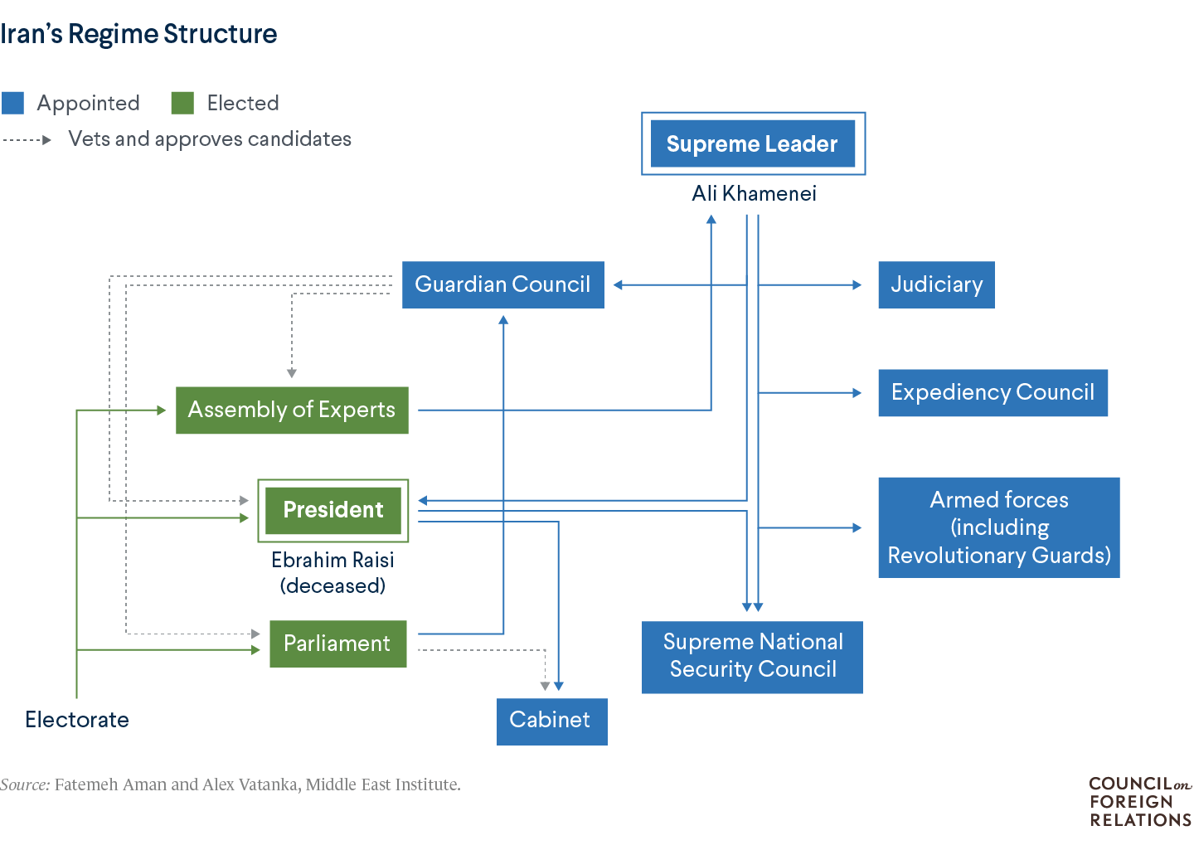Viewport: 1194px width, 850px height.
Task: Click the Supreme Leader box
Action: (x=752, y=143)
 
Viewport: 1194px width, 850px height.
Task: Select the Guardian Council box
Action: (x=502, y=284)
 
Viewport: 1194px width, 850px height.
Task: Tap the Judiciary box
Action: (x=936, y=284)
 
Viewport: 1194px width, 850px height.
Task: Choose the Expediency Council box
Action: (x=993, y=392)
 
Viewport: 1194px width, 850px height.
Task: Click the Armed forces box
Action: (x=998, y=527)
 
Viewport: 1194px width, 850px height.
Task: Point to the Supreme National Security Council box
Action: (x=752, y=656)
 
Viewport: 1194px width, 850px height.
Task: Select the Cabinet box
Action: (x=551, y=721)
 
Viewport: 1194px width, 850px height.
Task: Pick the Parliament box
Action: (x=337, y=644)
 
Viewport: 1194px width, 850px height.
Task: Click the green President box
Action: (x=332, y=510)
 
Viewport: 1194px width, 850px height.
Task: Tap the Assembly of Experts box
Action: (x=292, y=410)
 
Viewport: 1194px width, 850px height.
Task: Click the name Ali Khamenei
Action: (x=754, y=193)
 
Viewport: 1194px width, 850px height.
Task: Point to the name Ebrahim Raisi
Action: (x=332, y=561)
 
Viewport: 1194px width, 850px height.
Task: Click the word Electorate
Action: (x=77, y=720)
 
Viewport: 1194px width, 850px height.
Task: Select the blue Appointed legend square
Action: (x=13, y=103)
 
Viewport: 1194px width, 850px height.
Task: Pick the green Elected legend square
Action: (x=182, y=103)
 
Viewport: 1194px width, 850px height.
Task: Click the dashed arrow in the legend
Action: (x=27, y=139)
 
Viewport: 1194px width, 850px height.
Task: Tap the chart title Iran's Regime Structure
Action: (x=138, y=34)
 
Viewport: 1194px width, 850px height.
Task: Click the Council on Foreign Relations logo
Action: (x=1140, y=802)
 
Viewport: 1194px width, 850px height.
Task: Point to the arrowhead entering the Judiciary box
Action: (x=857, y=284)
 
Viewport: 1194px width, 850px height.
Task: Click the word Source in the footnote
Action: (x=25, y=784)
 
